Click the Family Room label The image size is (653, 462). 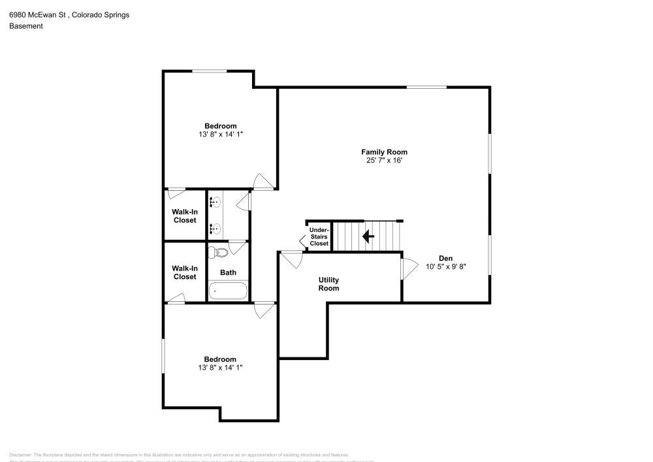pyautogui.click(x=387, y=152)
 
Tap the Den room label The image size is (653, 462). pyautogui.click(x=445, y=258)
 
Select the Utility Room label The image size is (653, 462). pyautogui.click(x=328, y=284)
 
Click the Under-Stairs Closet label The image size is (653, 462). pyautogui.click(x=319, y=237)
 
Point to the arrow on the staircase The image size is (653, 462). pyautogui.click(x=368, y=236)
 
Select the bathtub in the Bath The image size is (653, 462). pyautogui.click(x=228, y=291)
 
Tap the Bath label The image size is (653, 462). pyautogui.click(x=228, y=272)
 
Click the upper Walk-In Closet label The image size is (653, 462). pyautogui.click(x=184, y=216)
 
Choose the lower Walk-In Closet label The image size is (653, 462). pyautogui.click(x=184, y=272)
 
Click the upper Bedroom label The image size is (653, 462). pyautogui.click(x=220, y=126)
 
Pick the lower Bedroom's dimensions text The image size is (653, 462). pyautogui.click(x=220, y=367)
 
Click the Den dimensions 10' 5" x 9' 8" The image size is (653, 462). pyautogui.click(x=445, y=267)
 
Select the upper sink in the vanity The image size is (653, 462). pyautogui.click(x=215, y=203)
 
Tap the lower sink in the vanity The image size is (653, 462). pyautogui.click(x=215, y=228)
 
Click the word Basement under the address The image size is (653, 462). pyautogui.click(x=25, y=26)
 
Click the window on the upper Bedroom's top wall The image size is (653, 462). pyautogui.click(x=209, y=71)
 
